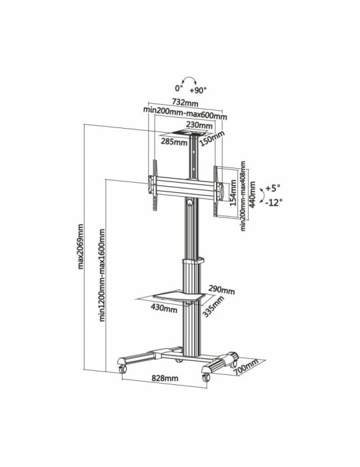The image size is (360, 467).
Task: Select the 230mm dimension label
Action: [199, 125]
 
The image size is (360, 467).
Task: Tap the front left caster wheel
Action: [123, 368]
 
